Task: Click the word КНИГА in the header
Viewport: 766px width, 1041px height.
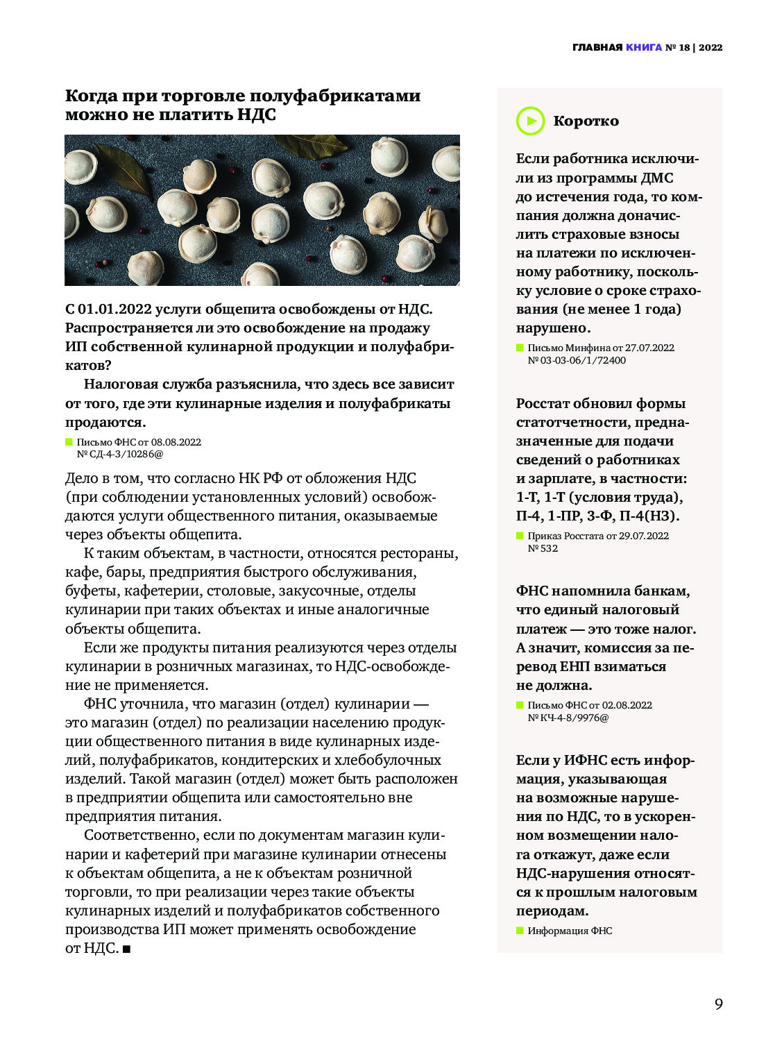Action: [644, 47]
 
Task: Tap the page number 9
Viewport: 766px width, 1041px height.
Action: [718, 1004]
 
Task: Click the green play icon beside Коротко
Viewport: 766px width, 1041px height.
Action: [530, 121]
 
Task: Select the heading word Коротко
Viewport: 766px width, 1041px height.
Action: [586, 121]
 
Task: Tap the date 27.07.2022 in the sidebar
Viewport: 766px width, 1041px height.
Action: [649, 348]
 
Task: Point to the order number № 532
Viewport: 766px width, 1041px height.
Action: [543, 548]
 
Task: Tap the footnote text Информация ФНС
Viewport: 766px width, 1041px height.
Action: [570, 931]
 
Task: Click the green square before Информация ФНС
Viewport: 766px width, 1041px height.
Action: [520, 931]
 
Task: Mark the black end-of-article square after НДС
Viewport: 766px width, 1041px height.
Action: [126, 949]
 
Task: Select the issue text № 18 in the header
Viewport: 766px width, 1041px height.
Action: [678, 47]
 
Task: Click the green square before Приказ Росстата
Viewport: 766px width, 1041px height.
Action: [520, 536]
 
